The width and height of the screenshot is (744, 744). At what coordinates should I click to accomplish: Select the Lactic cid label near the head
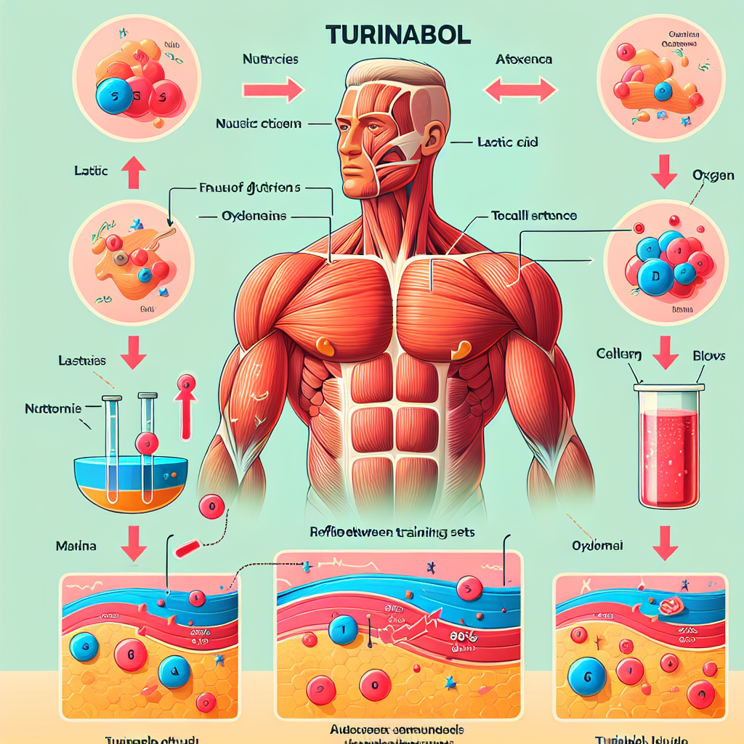coord(508,142)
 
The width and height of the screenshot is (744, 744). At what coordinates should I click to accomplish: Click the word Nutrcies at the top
coord(270,60)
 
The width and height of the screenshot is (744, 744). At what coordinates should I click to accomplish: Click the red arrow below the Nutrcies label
coord(272,91)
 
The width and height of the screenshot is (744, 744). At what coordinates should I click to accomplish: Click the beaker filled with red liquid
coord(669,445)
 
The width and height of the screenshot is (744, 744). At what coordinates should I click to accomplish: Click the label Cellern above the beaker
coord(618,355)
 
